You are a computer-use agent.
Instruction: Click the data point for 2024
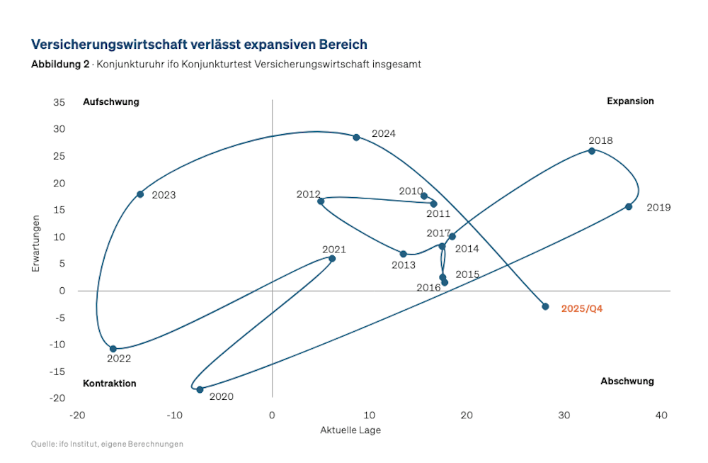click(x=356, y=137)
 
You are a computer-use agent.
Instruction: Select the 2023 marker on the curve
click(x=140, y=194)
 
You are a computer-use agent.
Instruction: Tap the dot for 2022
click(x=113, y=349)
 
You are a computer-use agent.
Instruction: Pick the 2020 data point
click(x=200, y=389)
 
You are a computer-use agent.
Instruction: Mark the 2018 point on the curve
click(x=592, y=150)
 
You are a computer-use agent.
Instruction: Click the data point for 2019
click(x=629, y=206)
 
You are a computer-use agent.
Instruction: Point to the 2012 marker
click(x=321, y=201)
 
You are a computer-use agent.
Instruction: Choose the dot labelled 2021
click(x=332, y=258)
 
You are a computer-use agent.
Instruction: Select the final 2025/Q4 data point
click(x=545, y=306)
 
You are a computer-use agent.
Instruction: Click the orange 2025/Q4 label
click(x=581, y=308)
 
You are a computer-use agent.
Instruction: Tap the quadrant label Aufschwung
click(x=111, y=101)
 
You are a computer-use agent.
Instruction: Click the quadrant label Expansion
click(x=630, y=101)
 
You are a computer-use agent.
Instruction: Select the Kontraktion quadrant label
click(x=110, y=384)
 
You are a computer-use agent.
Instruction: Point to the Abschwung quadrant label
click(x=627, y=381)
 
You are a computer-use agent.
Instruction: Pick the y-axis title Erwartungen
click(x=35, y=250)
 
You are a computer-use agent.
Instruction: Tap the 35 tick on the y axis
click(x=59, y=102)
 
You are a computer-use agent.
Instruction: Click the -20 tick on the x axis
click(x=77, y=415)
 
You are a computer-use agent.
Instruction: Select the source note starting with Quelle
click(x=107, y=444)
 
